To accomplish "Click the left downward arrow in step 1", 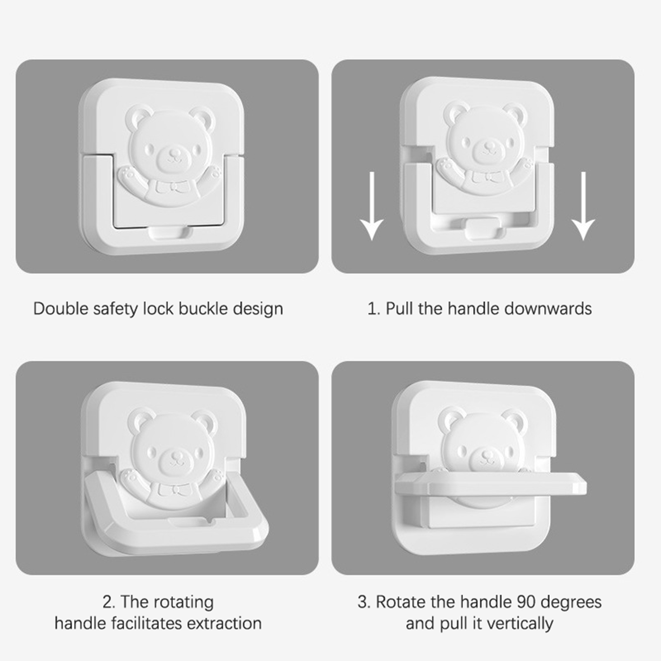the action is point(372,206).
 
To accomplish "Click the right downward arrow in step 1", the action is point(583,206).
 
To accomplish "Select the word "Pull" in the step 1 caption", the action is point(399,309).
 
